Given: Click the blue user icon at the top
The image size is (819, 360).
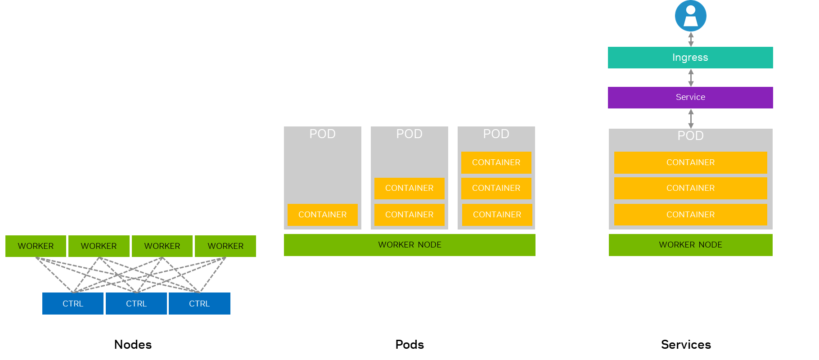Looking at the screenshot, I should tap(690, 16).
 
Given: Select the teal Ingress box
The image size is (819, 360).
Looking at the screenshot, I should tap(690, 58).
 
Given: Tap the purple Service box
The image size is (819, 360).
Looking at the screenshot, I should tap(690, 97).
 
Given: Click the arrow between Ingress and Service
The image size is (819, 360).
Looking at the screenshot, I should tap(691, 77).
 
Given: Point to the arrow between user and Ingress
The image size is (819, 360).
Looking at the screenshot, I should tap(691, 39).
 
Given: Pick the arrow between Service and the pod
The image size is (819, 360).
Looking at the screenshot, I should tap(691, 118).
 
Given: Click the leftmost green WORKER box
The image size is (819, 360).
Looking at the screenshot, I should tap(36, 246).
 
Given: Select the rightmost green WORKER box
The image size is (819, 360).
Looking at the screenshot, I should tap(225, 246).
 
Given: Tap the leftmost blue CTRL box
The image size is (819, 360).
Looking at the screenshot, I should tap(73, 304).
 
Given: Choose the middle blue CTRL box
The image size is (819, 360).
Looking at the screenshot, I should tap(136, 304).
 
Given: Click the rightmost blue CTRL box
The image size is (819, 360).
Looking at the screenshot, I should tap(199, 304).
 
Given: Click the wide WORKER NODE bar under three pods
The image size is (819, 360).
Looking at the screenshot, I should tap(409, 245).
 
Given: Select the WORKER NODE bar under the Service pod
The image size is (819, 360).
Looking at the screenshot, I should tap(690, 245).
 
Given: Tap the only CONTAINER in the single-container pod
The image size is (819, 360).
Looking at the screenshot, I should tap(323, 215).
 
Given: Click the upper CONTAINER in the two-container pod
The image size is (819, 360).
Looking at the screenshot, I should tap(409, 188).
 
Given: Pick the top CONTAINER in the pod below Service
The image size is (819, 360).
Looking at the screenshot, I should tap(690, 162).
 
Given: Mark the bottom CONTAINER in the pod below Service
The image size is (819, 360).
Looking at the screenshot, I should tap(690, 215).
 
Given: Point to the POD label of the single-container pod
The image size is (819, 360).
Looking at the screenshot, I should tap(323, 134).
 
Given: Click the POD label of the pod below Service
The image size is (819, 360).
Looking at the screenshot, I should tap(690, 135).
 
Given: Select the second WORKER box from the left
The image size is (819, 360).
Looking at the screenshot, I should tap(99, 246).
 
